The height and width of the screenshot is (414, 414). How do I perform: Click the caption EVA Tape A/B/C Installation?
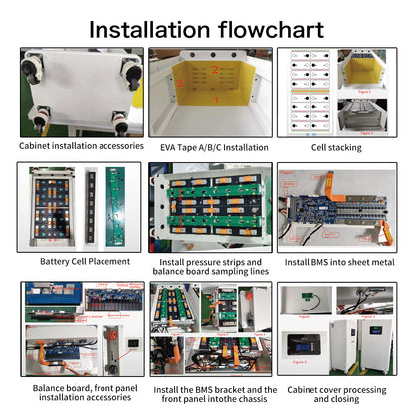pos(207,146)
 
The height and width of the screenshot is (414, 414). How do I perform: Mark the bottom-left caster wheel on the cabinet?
pos(40,120)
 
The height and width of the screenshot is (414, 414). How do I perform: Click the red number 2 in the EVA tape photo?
pos(213,70)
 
